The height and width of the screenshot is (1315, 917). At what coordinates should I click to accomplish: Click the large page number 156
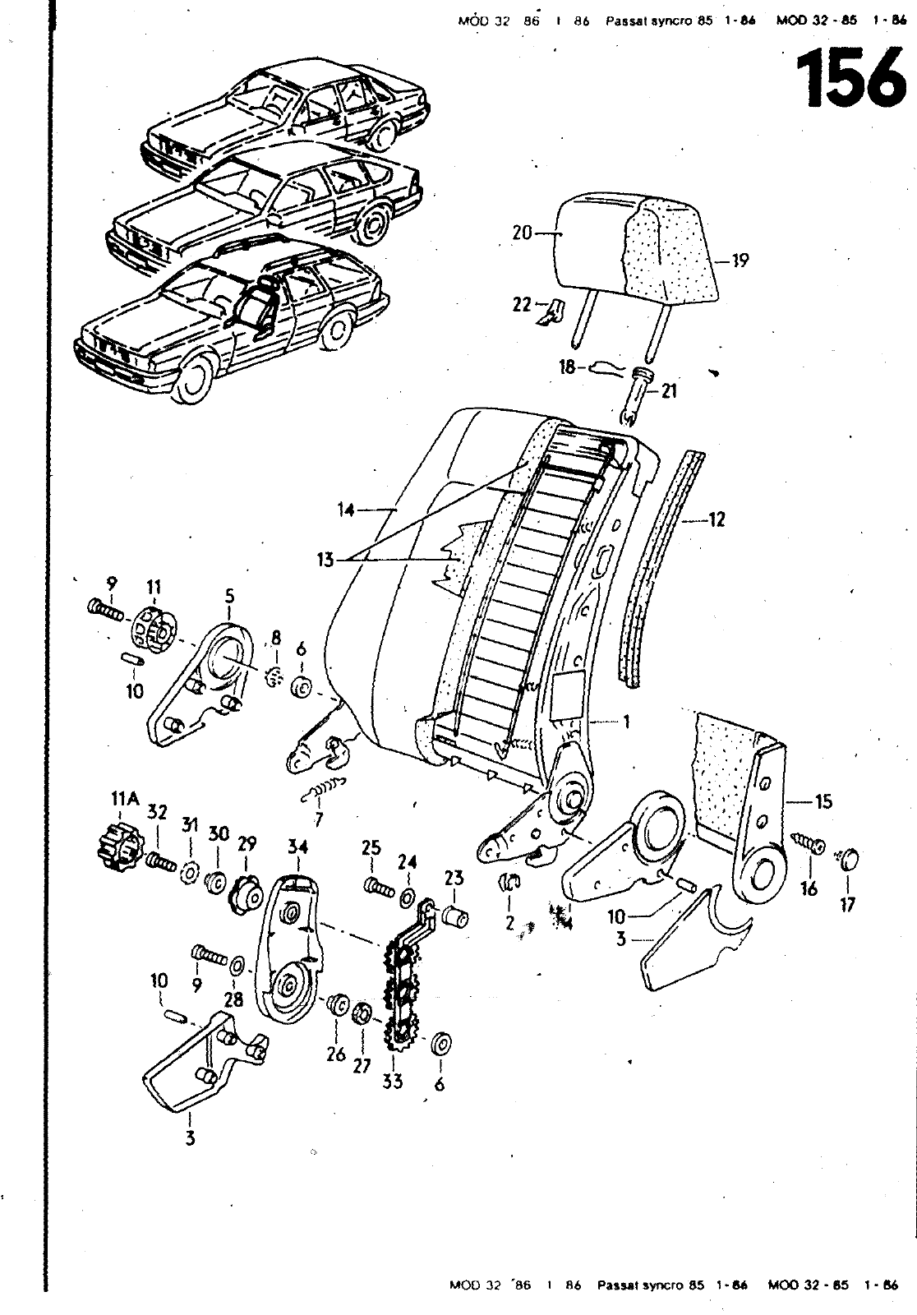[850, 80]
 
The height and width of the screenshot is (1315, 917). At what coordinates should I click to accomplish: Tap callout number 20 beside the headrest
[522, 233]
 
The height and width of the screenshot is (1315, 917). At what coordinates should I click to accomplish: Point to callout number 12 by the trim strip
[716, 520]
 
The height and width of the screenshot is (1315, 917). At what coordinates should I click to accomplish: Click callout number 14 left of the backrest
[346, 510]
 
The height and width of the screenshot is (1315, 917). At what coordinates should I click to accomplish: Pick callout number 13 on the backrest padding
[327, 561]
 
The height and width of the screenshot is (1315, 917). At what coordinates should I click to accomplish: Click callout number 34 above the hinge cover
[297, 846]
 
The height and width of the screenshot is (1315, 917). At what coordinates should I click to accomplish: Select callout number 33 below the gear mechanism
[393, 1081]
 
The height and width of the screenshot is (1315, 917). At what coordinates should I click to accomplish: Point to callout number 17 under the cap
[847, 904]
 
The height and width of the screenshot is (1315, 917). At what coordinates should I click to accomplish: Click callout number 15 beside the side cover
[823, 801]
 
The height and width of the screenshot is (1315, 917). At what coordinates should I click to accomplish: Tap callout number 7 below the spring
[318, 819]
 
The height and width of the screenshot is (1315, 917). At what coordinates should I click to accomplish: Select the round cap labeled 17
[850, 860]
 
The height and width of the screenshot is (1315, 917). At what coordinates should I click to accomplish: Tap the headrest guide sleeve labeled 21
[639, 392]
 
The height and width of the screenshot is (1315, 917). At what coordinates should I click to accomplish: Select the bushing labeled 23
[455, 915]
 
